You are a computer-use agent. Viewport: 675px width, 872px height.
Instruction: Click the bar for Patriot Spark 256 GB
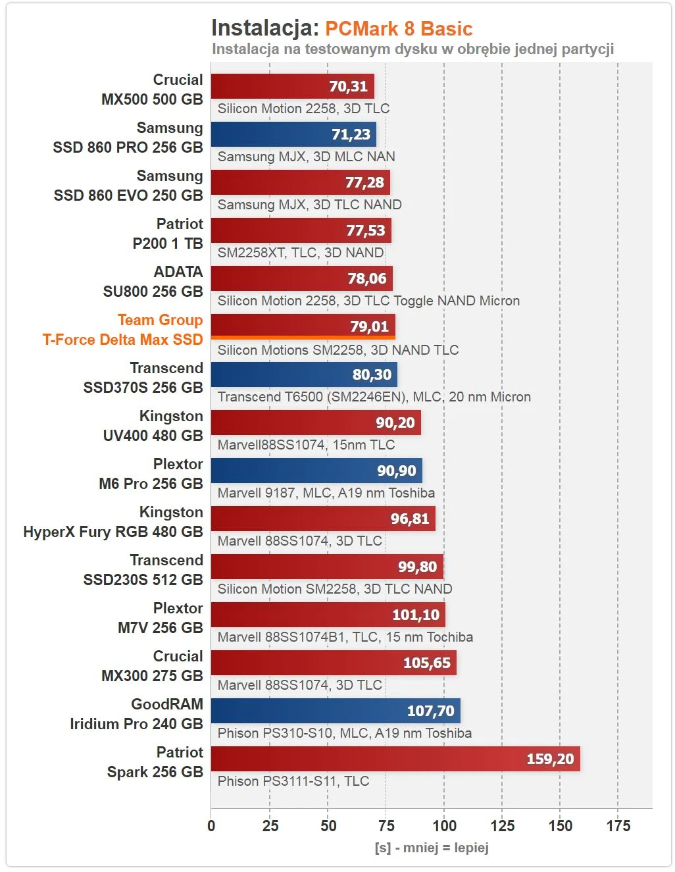coord(395,759)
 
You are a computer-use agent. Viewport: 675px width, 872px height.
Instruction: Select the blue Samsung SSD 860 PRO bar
coord(293,134)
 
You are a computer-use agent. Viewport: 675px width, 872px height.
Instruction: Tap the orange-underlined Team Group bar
coord(303,326)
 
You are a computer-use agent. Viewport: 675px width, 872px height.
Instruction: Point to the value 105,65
coord(426,663)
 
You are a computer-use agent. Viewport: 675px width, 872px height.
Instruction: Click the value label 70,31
coord(348,86)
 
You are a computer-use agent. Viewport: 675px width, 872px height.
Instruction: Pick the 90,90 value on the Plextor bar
coord(396,471)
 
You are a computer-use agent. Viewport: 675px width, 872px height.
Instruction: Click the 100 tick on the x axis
coord(444,826)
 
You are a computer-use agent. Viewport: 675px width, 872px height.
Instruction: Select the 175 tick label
coord(618,826)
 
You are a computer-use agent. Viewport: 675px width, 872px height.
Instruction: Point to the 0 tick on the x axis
coord(211,826)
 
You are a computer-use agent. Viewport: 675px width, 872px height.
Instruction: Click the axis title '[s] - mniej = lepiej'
coord(431,848)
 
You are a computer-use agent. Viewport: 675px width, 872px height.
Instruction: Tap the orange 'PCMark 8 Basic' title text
coord(399,29)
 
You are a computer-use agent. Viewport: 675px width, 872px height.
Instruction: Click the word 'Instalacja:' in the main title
coord(265,28)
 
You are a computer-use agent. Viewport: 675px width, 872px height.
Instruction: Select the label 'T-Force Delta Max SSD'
coord(122,340)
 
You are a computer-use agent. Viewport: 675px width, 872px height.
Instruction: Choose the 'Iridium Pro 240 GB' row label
coord(136,724)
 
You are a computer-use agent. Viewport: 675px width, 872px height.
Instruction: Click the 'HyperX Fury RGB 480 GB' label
coord(113,532)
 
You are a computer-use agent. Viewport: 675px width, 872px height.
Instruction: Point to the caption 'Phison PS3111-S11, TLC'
coord(293,781)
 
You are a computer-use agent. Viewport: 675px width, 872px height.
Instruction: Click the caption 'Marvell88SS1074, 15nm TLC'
coord(306,445)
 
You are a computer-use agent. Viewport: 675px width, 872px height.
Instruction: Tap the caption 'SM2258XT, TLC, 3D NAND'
coord(301,253)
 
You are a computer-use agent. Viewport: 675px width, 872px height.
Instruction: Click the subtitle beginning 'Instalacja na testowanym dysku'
coord(413,49)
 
